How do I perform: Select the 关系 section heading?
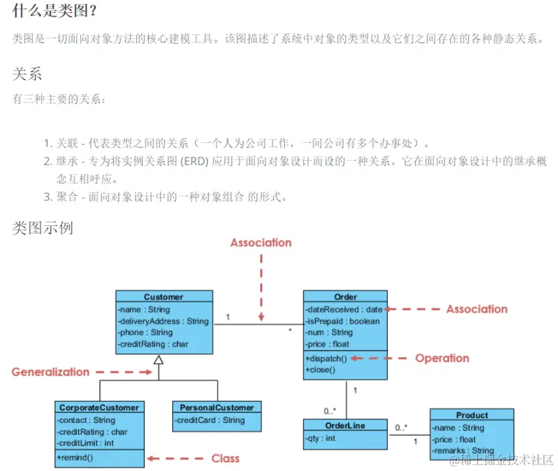click(x=27, y=73)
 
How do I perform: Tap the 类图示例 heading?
click(x=43, y=227)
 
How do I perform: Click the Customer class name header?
click(x=163, y=297)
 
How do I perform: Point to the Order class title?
click(x=345, y=297)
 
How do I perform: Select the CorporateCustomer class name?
click(x=99, y=407)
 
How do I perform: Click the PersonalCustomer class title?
click(x=216, y=407)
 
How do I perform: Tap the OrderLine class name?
click(x=345, y=425)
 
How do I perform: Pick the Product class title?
click(x=472, y=415)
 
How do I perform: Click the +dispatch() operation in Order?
click(x=326, y=358)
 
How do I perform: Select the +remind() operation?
click(x=75, y=457)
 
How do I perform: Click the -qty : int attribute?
click(x=321, y=438)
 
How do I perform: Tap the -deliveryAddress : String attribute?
click(x=163, y=321)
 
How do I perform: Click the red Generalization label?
click(x=50, y=372)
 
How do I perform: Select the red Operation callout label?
click(x=442, y=358)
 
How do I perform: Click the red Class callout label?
click(x=225, y=458)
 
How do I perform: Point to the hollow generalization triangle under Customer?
click(x=159, y=360)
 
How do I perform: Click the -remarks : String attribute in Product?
click(x=464, y=451)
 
